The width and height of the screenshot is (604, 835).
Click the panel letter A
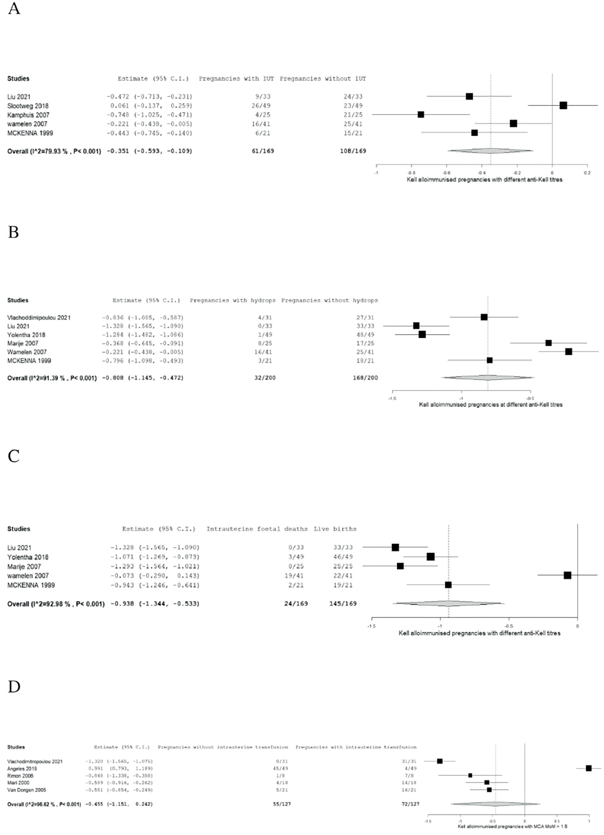coord(14,8)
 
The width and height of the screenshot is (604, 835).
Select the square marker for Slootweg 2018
coord(563,106)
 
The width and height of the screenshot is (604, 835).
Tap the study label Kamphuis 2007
coord(28,115)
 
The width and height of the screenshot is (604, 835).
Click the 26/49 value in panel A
coord(263,106)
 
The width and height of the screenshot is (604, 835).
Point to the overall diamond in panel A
coord(490,151)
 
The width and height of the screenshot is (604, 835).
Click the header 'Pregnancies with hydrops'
coord(232,301)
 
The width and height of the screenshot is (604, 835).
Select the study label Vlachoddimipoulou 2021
coord(39,317)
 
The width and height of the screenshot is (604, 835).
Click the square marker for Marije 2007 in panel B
coord(549,343)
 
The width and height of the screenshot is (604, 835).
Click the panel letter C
coord(14,456)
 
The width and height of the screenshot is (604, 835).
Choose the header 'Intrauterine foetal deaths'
coord(257,529)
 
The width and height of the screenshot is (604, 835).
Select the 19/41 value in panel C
coord(296,576)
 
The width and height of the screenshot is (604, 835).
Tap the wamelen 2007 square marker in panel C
coord(567,575)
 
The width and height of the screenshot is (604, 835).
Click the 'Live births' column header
coord(335,529)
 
